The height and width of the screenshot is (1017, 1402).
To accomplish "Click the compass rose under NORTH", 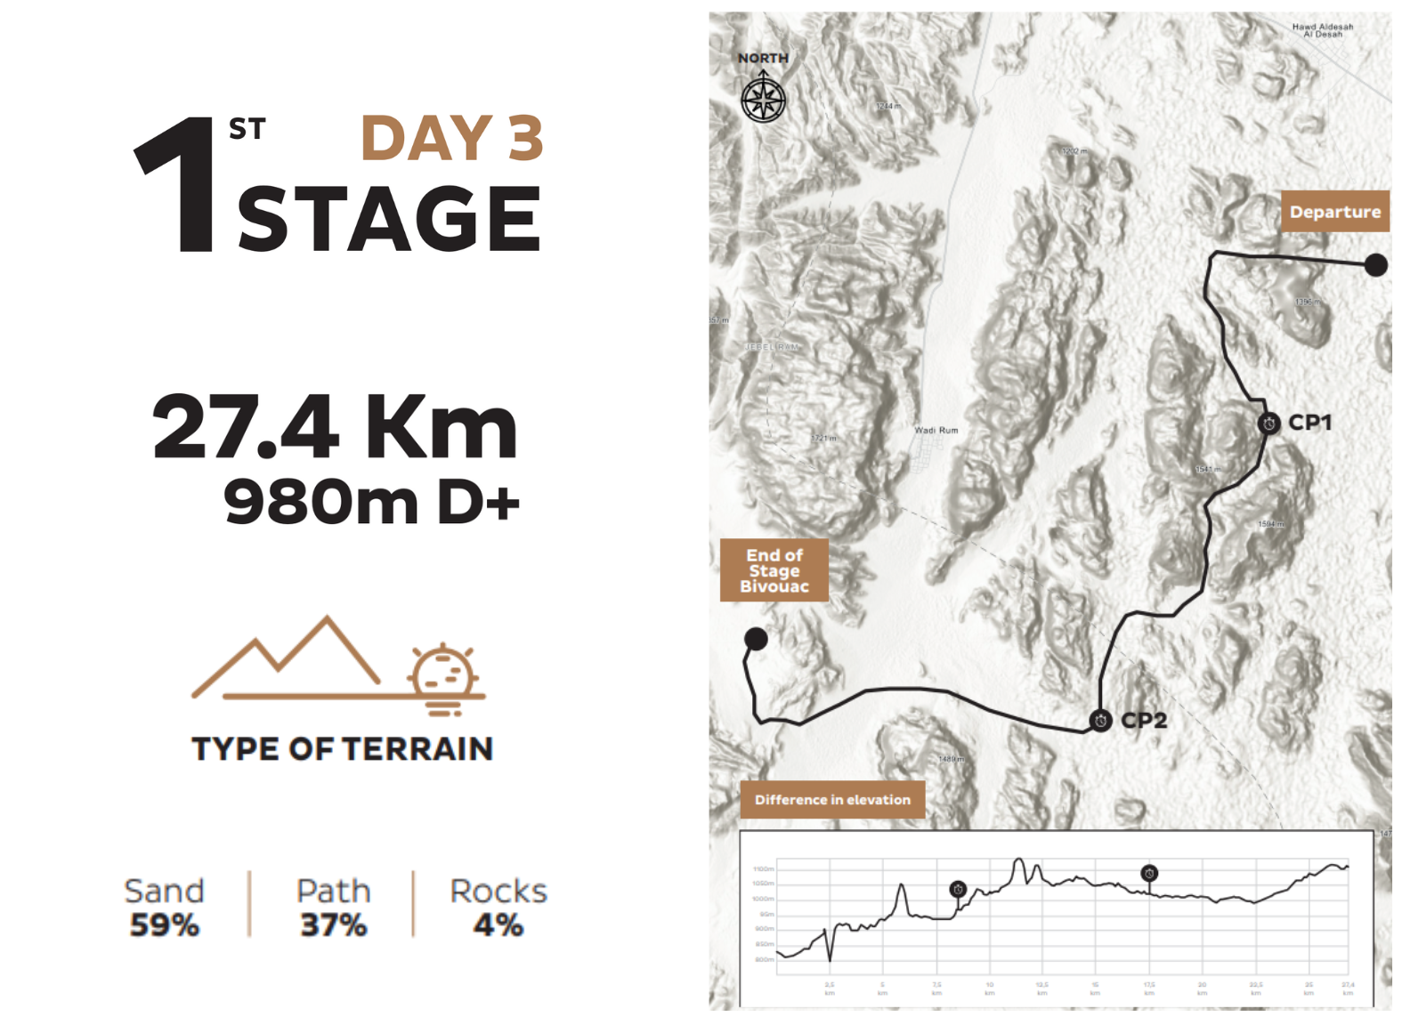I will tap(763, 99).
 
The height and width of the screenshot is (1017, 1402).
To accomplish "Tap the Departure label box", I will tap(1334, 212).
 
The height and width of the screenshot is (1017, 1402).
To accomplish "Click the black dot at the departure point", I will tap(1375, 264).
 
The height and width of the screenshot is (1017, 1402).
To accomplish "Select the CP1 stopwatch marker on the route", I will tap(1269, 424).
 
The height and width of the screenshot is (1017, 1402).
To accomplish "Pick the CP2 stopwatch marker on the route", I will tap(1101, 721).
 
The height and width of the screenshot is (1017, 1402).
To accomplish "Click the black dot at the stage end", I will tap(756, 638).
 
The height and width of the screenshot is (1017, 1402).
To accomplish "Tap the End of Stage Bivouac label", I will tap(774, 570).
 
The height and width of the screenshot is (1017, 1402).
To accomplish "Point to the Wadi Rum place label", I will tap(936, 431).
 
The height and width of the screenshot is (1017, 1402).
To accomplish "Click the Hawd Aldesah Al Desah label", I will tap(1322, 31).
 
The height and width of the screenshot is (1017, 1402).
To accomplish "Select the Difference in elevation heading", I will tap(832, 800).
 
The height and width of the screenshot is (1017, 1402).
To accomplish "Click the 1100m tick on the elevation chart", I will tap(763, 868).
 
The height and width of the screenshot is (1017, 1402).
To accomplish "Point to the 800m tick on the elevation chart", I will tap(763, 959).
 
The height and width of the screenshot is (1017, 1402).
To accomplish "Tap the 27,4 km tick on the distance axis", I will tap(1348, 988).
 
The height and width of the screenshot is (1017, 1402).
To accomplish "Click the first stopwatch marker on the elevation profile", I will tap(958, 889).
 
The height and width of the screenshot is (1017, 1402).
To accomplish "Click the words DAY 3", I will tap(452, 139).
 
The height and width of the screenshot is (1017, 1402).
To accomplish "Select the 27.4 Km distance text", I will tap(335, 428).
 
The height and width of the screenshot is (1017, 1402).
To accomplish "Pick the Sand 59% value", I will tap(165, 925).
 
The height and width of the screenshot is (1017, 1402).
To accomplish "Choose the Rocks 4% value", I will tap(498, 925).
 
